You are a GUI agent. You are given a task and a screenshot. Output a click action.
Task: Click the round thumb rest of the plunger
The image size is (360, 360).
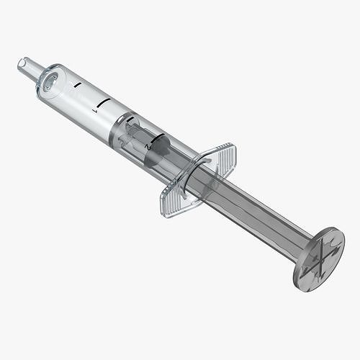coord(319,257)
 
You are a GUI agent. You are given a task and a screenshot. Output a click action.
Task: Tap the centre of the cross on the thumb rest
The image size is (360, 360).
coord(320,258)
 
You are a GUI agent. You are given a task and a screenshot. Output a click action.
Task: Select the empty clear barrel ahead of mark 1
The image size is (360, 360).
coord(76,97)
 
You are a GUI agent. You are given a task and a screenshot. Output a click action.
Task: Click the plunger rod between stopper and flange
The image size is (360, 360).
coord(176,162)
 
